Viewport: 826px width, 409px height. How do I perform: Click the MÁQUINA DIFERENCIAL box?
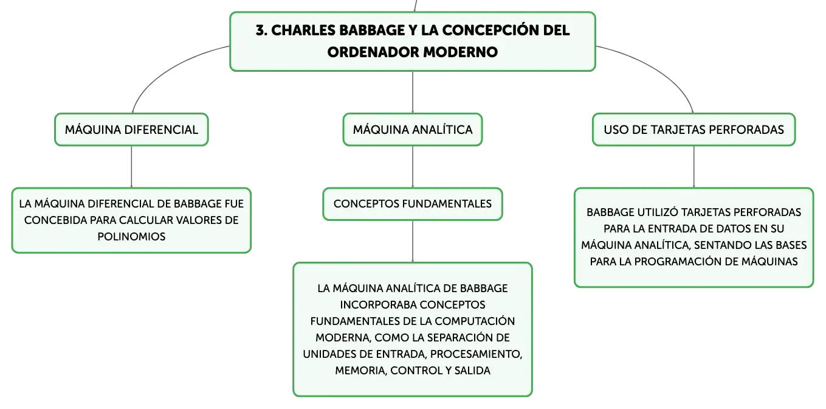[131, 130]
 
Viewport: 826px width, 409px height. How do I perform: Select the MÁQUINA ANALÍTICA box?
[412, 130]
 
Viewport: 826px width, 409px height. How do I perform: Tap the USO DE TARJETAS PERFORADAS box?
[693, 130]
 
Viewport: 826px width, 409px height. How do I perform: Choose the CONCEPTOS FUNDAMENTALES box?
[412, 204]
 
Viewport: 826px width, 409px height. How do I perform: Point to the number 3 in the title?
[261, 30]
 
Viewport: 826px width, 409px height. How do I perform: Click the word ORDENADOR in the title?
[373, 52]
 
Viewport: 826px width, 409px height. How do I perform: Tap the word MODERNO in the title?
[460, 52]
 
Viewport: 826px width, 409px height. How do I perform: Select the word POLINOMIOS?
[131, 237]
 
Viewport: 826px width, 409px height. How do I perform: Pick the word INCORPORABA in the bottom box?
[378, 305]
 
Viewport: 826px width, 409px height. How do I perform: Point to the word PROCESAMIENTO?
[476, 354]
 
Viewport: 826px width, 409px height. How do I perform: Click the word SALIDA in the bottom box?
[472, 371]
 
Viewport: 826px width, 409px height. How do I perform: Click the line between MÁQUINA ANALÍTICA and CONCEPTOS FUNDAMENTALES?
[412, 167]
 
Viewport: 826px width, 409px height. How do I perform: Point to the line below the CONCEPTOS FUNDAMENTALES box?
[412, 242]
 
